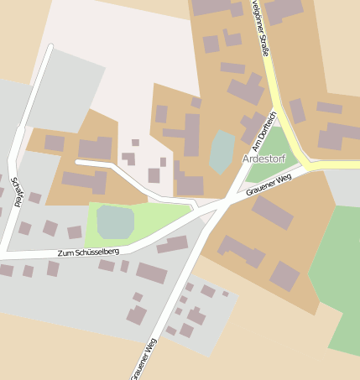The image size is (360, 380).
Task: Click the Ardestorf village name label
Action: pyautogui.click(x=263, y=159)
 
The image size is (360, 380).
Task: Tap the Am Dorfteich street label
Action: pyautogui.click(x=263, y=132)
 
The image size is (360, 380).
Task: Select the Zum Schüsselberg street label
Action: pyautogui.click(x=88, y=252)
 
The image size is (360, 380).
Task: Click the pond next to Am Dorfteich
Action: pyautogui.click(x=222, y=151)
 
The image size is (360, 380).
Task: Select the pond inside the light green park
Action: pyautogui.click(x=115, y=221)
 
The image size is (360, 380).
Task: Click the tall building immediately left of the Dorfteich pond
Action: pyautogui.click(x=192, y=134)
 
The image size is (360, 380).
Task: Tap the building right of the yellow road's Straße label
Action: pyautogui.click(x=283, y=10)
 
